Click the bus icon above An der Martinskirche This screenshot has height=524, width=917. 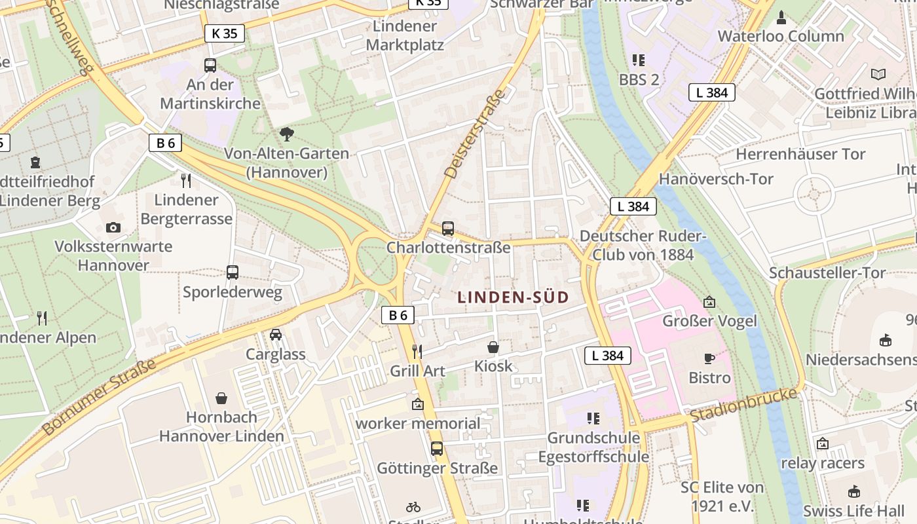(x=210, y=65)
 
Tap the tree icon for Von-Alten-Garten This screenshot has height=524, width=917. (x=286, y=134)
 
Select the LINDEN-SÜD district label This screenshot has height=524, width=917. (x=513, y=297)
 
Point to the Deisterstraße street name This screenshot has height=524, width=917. (x=476, y=134)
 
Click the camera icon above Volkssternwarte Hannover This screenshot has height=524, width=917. (x=113, y=227)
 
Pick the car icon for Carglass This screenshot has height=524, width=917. (x=276, y=335)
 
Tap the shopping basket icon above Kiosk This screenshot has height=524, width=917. (x=493, y=347)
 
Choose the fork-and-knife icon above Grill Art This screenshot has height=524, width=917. (x=417, y=351)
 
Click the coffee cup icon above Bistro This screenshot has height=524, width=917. (x=709, y=358)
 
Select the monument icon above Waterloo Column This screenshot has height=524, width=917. (x=781, y=16)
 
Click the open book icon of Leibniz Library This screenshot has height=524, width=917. (x=878, y=75)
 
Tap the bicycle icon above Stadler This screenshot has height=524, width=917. (x=413, y=507)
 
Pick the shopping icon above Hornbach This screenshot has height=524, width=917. (x=222, y=398)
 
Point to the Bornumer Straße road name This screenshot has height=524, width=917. (x=99, y=398)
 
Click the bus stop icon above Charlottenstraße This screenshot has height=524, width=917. (x=448, y=229)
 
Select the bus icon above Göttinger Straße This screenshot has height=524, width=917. (x=437, y=449)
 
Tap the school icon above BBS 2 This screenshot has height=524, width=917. (x=639, y=60)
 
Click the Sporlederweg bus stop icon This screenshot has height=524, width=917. (x=233, y=272)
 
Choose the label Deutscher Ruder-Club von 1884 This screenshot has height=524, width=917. (x=643, y=245)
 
